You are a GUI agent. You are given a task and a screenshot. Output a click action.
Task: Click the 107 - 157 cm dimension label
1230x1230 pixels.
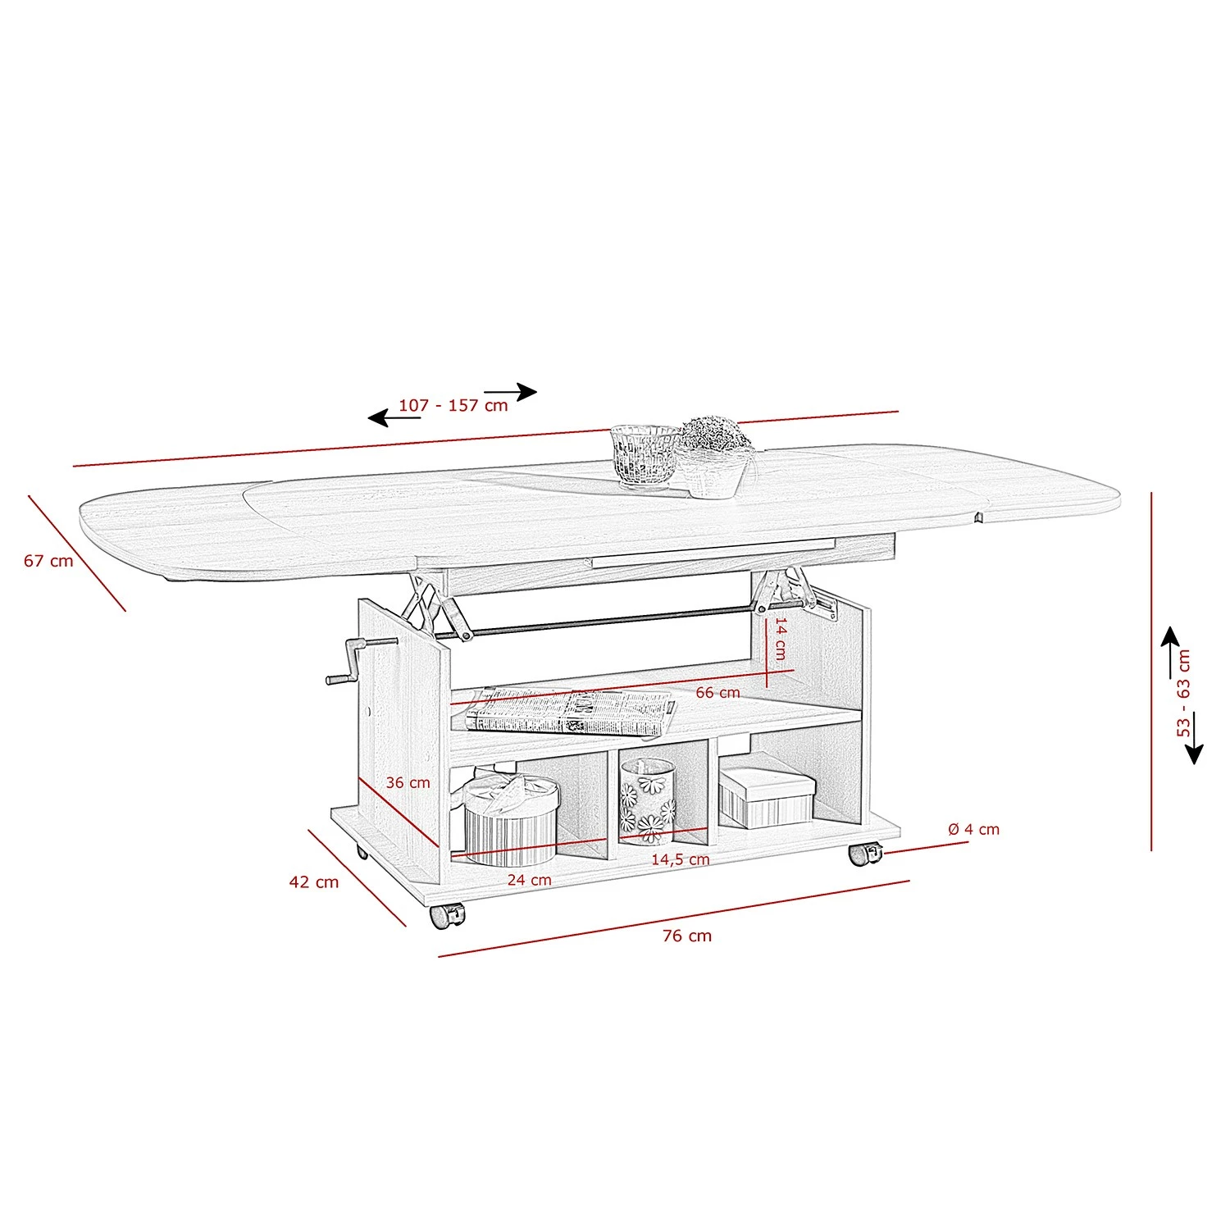pos(453,405)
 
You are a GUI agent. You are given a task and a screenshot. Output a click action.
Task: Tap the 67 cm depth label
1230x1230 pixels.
pos(48,561)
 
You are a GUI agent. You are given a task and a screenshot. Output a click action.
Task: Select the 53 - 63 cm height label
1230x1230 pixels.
pos(1183,694)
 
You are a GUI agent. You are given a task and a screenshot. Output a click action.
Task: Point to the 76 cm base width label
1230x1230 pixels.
pos(687,936)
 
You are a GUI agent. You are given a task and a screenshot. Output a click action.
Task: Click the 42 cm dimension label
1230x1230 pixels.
pos(314,882)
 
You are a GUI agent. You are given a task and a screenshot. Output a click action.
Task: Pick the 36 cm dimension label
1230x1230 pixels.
pos(408,782)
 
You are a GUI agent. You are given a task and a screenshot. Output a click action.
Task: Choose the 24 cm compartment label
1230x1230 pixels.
pos(529,880)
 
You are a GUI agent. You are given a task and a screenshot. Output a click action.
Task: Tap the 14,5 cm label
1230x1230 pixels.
pos(681,859)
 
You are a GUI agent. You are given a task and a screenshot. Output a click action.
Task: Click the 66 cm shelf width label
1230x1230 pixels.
pos(717,692)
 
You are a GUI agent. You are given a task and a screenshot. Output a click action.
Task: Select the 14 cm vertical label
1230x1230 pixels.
pos(780,639)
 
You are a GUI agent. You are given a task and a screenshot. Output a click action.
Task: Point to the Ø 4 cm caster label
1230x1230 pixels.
pos(974,829)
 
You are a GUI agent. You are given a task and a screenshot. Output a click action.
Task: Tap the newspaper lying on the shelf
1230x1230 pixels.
pos(568,711)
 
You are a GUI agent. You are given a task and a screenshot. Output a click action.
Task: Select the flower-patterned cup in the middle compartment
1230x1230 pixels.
pos(647,801)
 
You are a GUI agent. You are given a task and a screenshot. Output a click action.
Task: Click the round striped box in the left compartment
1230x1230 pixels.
pos(511,820)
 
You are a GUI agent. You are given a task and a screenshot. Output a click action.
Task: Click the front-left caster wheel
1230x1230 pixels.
pos(446,915)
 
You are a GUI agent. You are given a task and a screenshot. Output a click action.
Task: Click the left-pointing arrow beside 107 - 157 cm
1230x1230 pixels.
pos(394,418)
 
